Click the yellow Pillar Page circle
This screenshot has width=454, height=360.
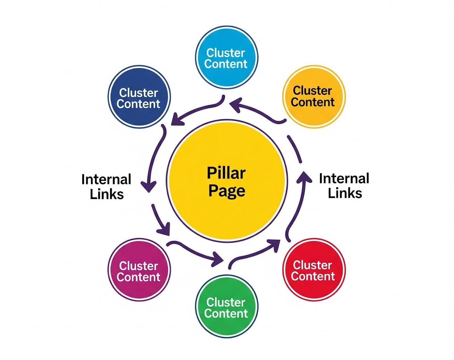(227, 181)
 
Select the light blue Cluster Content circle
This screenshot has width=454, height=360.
(227, 57)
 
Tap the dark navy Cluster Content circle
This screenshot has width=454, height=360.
(139, 97)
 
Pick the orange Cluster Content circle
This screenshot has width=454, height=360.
(314, 97)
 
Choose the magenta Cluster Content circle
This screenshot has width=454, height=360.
(139, 270)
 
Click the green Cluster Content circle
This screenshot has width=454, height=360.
(227, 306)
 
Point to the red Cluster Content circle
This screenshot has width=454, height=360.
(314, 270)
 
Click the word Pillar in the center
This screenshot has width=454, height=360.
(226, 173)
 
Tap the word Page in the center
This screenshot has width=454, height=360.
(227, 191)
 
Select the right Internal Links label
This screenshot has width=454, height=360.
(344, 186)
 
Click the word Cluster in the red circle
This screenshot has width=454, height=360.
(312, 265)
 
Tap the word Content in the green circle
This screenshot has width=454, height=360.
(226, 313)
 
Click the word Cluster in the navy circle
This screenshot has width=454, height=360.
(138, 93)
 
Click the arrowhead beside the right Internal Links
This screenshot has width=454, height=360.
(304, 177)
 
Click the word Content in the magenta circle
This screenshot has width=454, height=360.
(138, 277)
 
